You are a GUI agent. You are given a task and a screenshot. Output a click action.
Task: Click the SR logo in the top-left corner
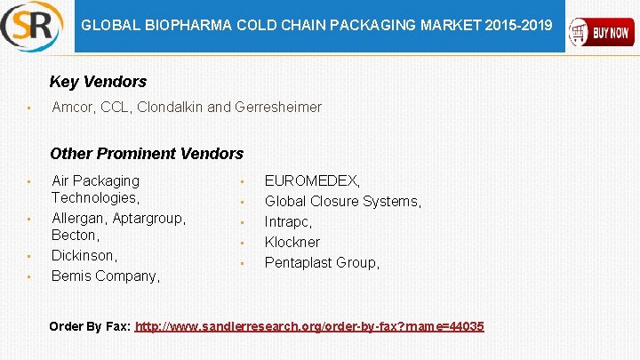click(32, 27)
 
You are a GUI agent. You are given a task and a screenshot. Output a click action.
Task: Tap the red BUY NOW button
click(602, 33)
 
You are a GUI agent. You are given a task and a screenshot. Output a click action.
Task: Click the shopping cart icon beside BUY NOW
click(581, 33)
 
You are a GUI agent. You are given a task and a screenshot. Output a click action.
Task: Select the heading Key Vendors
click(98, 82)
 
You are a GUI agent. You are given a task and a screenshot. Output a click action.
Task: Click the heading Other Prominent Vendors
click(147, 154)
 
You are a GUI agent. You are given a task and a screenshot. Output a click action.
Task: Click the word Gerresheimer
click(278, 108)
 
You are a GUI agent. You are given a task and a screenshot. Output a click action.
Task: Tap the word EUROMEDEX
click(312, 181)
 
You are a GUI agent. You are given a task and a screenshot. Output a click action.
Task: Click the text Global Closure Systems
click(342, 202)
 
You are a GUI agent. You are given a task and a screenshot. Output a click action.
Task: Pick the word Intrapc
click(288, 222)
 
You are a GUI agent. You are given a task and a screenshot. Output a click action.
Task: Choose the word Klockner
click(292, 243)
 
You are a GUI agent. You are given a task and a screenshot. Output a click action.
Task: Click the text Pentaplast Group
click(322, 263)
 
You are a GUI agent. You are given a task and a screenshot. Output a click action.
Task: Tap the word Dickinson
click(84, 256)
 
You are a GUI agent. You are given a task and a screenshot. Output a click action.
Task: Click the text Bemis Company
click(105, 276)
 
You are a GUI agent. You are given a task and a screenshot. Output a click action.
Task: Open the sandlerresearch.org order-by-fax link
click(309, 327)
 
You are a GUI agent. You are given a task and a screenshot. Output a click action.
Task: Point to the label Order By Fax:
click(90, 327)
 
